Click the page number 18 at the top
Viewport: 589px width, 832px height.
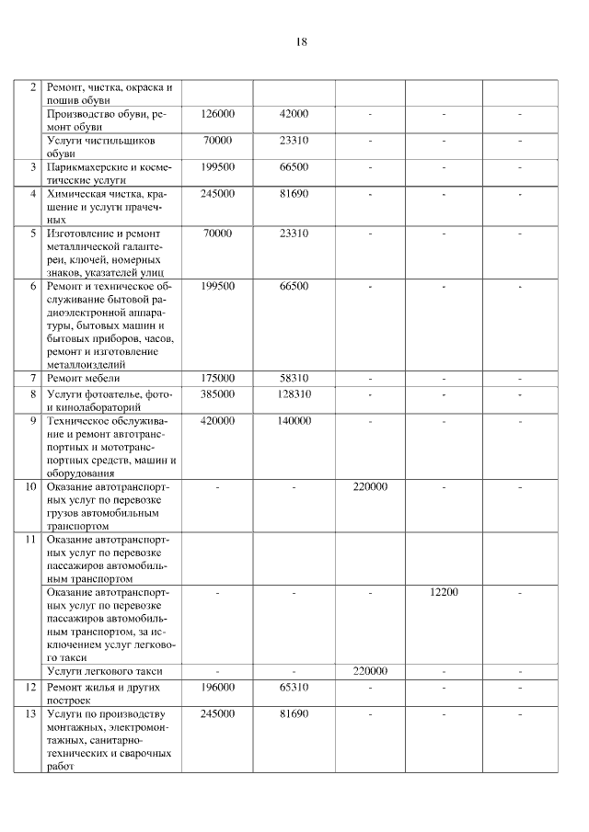302,42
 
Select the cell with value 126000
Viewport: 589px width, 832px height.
218,114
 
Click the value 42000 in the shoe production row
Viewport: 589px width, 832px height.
294,114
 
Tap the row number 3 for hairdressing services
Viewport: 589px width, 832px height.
32,167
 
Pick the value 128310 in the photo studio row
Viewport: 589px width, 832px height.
294,393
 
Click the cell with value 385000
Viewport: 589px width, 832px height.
218,393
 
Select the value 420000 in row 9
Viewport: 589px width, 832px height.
218,420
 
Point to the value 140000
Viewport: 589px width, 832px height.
294,420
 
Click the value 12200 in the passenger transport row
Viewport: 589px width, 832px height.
444,593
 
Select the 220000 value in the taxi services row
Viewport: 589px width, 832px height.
370,671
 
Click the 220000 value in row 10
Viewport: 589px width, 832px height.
370,486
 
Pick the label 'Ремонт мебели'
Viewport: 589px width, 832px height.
84,378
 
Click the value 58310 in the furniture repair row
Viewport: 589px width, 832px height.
294,378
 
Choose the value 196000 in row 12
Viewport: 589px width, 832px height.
218,687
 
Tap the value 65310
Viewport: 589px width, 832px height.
294,687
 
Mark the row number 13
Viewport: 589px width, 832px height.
30,714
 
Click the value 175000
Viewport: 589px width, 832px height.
218,378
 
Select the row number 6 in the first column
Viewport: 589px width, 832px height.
32,287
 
